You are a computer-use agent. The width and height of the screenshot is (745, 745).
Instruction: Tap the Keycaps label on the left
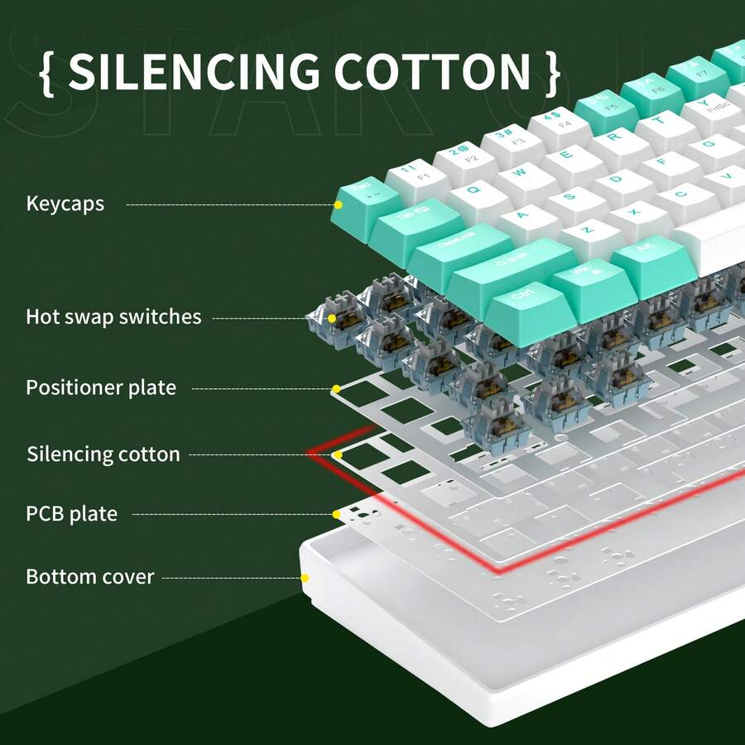click(x=65, y=204)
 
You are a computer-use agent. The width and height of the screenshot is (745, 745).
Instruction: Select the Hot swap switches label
click(x=113, y=316)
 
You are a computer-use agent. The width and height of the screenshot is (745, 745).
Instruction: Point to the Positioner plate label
click(x=101, y=387)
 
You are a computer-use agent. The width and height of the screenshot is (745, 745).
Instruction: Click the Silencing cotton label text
click(x=103, y=454)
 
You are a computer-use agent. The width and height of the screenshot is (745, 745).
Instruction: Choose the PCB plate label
click(x=72, y=514)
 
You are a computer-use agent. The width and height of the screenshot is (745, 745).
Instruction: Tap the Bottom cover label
click(x=90, y=576)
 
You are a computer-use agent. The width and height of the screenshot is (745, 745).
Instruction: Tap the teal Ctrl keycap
click(x=520, y=300)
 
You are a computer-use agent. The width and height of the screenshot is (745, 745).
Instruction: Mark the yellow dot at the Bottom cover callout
click(x=305, y=578)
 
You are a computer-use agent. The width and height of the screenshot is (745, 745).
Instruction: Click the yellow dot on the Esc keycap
click(x=338, y=204)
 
